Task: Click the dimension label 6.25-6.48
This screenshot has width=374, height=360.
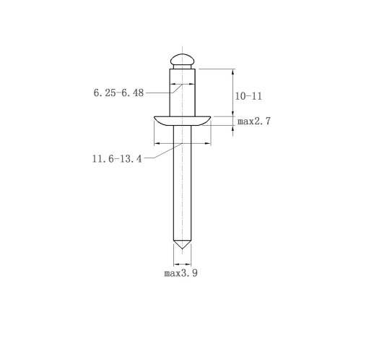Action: pyautogui.click(x=118, y=93)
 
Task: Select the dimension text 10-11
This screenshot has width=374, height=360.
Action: pyautogui.click(x=248, y=96)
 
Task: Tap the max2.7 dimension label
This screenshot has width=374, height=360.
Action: pyautogui.click(x=254, y=121)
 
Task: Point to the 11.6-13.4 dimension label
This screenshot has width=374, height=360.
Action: pyautogui.click(x=117, y=159)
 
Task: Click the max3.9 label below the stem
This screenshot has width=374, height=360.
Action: pyautogui.click(x=181, y=273)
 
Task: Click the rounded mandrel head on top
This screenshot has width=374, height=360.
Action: pyautogui.click(x=182, y=59)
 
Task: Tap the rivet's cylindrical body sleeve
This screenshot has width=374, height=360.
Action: pyautogui.click(x=182, y=93)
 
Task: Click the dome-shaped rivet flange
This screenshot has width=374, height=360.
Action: pyautogui.click(x=182, y=121)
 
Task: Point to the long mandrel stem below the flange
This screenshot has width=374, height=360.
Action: pyautogui.click(x=182, y=183)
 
